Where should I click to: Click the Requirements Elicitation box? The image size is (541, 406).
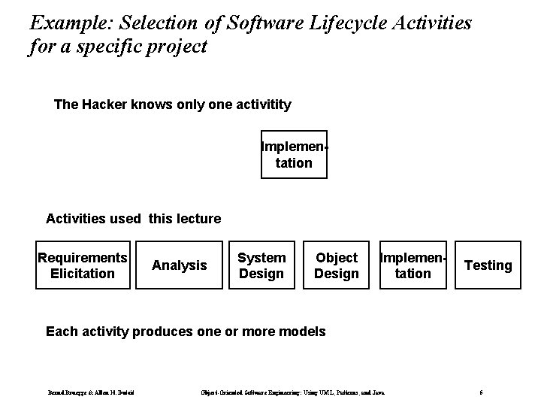(x=83, y=265)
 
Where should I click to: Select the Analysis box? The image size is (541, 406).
(x=179, y=265)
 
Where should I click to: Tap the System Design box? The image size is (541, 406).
(x=261, y=265)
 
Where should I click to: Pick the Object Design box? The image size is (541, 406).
(x=336, y=265)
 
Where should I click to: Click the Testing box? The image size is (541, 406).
(x=488, y=265)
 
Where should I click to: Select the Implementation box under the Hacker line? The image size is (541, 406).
(x=294, y=155)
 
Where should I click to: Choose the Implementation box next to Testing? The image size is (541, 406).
(x=413, y=265)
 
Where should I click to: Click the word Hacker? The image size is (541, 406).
(x=104, y=105)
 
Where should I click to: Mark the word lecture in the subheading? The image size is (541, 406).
(x=197, y=219)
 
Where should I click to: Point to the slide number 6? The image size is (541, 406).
(x=481, y=392)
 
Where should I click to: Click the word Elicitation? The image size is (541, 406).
(x=83, y=273)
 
